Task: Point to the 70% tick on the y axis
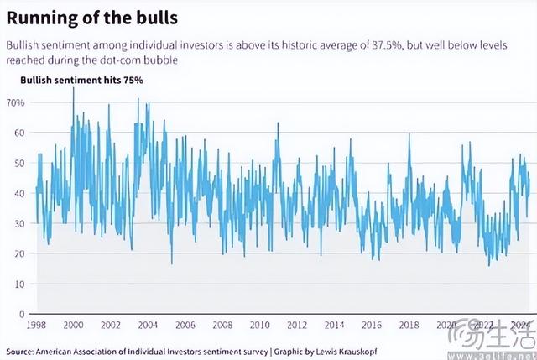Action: click(x=16, y=102)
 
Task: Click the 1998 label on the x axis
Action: click(x=35, y=325)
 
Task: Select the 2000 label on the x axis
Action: click(x=73, y=325)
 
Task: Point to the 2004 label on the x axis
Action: click(x=147, y=325)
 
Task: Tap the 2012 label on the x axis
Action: click(x=295, y=325)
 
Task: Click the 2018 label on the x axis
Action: click(x=408, y=325)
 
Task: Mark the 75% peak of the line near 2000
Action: click(x=73, y=88)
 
